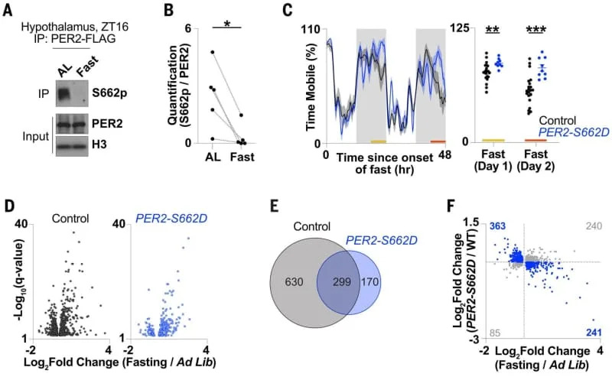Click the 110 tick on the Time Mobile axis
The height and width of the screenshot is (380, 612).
[x=313, y=29]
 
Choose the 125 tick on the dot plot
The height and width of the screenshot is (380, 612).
[x=463, y=29]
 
